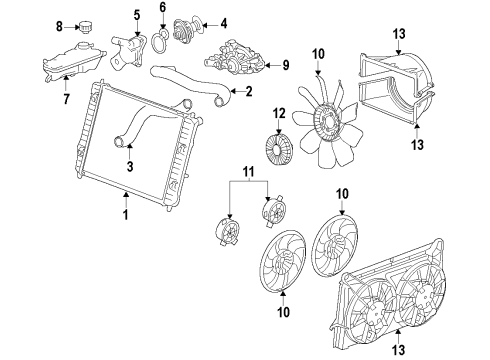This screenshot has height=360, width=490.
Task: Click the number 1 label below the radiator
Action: click(125, 214)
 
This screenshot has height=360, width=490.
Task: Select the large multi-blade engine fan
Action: click(320, 120)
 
